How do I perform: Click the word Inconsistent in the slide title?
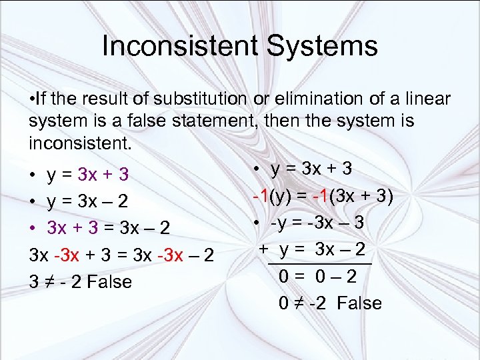179,46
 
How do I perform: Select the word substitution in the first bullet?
199,99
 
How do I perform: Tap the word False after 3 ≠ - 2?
104,282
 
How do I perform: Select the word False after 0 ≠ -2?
359,303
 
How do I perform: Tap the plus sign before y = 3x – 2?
263,249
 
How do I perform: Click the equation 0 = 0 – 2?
322,277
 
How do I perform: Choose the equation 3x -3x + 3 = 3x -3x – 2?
121,255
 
